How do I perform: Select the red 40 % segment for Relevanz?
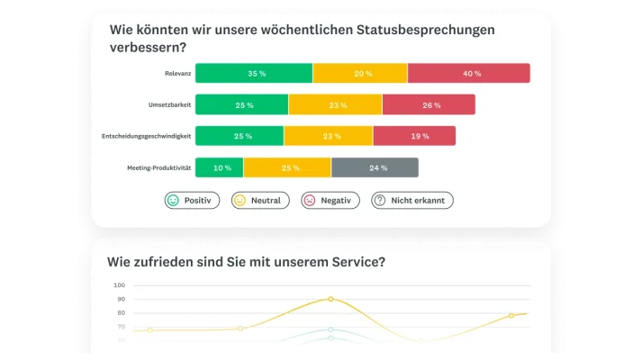tap(468, 74)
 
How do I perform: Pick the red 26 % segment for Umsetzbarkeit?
tap(430, 105)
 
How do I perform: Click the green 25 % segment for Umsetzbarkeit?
tap(242, 105)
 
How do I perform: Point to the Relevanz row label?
tap(173, 74)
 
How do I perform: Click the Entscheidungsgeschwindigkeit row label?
tap(145, 136)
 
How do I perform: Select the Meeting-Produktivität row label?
tap(158, 167)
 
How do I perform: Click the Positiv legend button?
tap(192, 201)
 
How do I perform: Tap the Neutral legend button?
tap(260, 201)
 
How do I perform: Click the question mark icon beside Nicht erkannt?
tap(380, 201)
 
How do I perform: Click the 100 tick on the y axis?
tap(119, 285)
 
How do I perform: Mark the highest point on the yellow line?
tap(330, 299)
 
